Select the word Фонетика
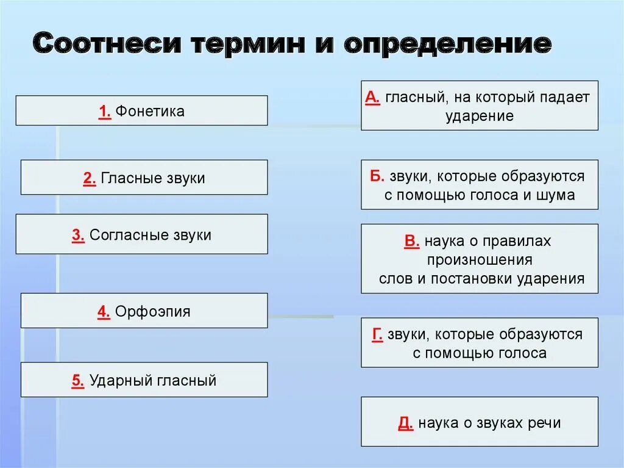pyautogui.click(x=150, y=112)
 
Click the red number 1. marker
pyautogui.click(x=104, y=112)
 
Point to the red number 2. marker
pyautogui.click(x=90, y=178)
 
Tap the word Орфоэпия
pyautogui.click(x=152, y=312)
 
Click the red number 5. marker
pyautogui.click(x=78, y=381)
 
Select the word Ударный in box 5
pyautogui.click(x=117, y=381)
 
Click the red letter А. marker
pyautogui.click(x=373, y=97)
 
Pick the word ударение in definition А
pyautogui.click(x=480, y=116)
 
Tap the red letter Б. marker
pyautogui.click(x=377, y=176)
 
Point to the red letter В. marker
pyautogui.click(x=412, y=241)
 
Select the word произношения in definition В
pyautogui.click(x=480, y=259)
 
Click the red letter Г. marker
pyautogui.click(x=377, y=334)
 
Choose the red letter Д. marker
pyautogui.click(x=406, y=423)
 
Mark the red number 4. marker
pyautogui.click(x=103, y=312)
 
